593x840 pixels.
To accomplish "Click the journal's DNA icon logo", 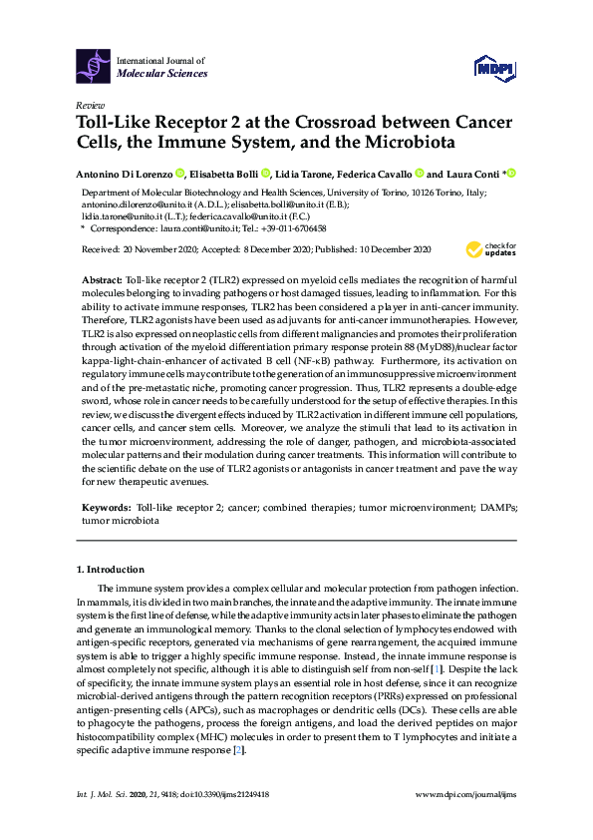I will coord(95,64).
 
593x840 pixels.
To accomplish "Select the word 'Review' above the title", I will coord(89,104).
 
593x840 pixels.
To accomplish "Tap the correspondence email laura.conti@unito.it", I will coord(193,228).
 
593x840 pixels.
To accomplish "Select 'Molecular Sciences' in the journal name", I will coord(162,73).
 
